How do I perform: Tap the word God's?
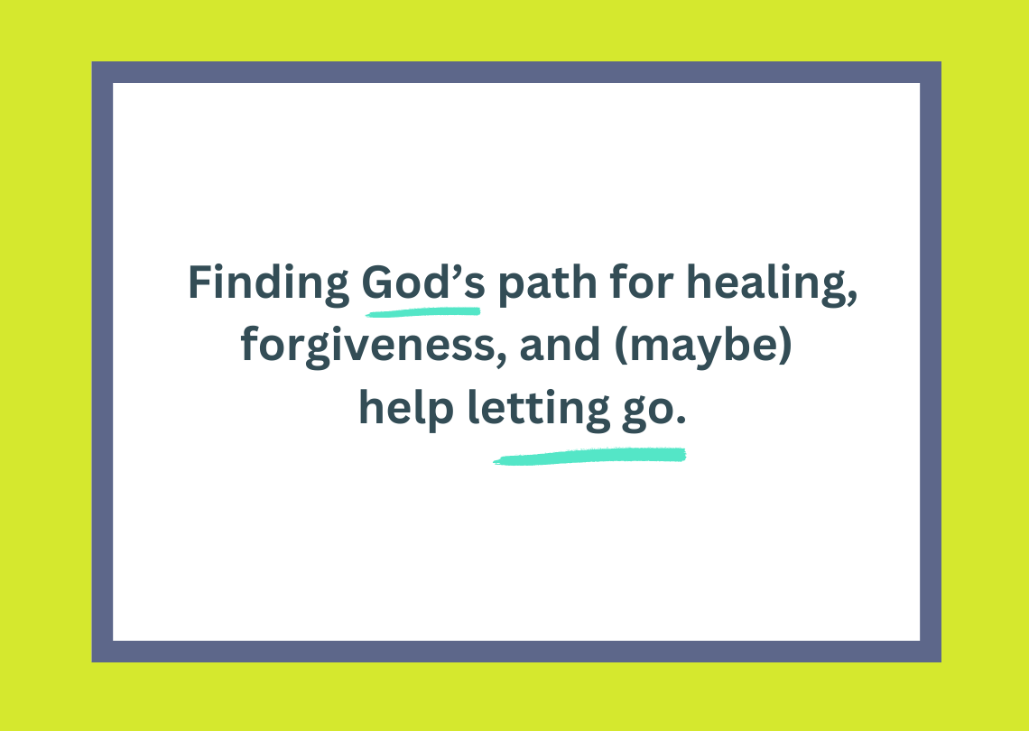click(x=423, y=282)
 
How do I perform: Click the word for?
click(x=641, y=282)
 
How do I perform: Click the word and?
click(x=560, y=345)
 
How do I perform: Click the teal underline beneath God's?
click(x=423, y=311)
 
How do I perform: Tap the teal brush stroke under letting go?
click(x=589, y=456)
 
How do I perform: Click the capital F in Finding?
click(x=200, y=282)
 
